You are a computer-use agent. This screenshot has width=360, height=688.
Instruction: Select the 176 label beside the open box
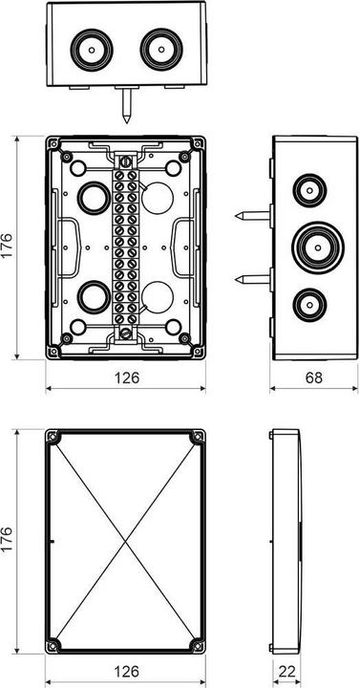(x=12, y=248)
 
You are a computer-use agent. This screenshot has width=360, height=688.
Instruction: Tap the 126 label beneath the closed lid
(x=126, y=672)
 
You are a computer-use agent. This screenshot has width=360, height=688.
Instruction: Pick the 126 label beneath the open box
(x=126, y=378)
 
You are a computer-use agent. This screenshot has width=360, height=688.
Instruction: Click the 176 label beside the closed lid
(x=12, y=542)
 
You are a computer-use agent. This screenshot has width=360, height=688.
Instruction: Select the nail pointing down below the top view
(x=127, y=107)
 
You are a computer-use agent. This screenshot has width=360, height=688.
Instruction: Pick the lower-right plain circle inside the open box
(x=157, y=298)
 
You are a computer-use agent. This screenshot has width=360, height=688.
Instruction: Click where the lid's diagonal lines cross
(x=126, y=542)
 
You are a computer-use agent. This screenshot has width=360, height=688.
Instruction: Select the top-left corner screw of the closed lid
(x=54, y=439)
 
